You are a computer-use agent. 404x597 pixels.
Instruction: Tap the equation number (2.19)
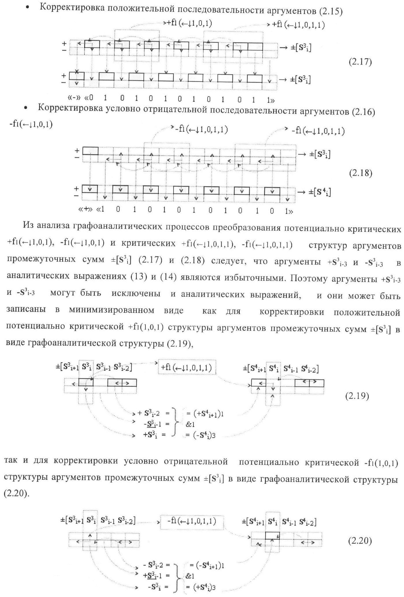(x=357, y=396)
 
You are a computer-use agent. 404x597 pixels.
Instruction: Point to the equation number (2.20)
(x=359, y=541)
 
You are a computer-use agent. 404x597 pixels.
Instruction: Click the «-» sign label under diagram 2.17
(x=74, y=98)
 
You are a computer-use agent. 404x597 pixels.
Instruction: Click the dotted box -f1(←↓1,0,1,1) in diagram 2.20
(x=191, y=521)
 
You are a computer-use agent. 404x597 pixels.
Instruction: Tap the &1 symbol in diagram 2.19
(x=191, y=424)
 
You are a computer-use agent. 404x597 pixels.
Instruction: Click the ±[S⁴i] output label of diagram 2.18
(x=320, y=192)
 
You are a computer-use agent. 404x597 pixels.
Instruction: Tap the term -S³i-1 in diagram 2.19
(x=153, y=424)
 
